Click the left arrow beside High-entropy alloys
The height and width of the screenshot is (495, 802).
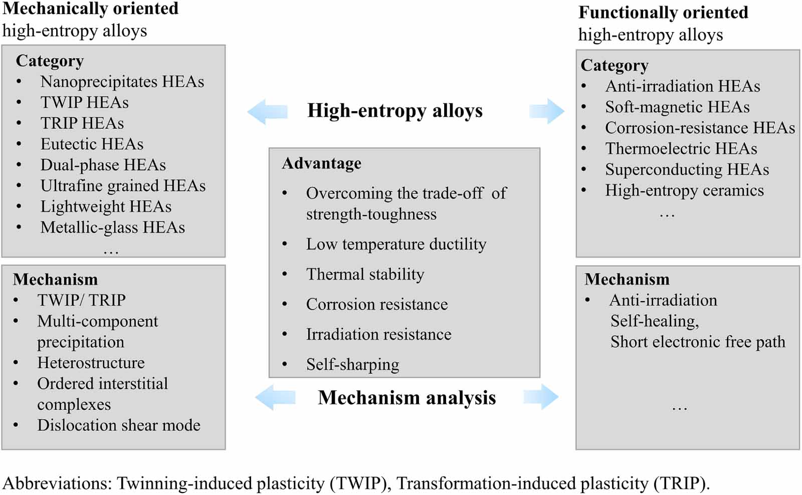click(267, 111)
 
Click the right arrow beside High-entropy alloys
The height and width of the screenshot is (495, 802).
click(546, 111)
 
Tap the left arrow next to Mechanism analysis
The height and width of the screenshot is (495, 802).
click(275, 398)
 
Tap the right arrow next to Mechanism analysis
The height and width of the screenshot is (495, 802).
click(541, 398)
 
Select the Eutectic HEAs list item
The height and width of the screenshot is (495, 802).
click(92, 144)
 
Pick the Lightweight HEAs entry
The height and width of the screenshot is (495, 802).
click(106, 206)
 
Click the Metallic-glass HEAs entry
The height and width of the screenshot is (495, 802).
click(113, 227)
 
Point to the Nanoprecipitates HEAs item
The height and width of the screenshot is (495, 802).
click(122, 82)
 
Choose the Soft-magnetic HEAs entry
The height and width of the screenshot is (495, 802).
click(677, 107)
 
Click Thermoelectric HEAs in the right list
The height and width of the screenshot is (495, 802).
click(681, 149)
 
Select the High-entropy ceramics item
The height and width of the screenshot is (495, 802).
click(684, 190)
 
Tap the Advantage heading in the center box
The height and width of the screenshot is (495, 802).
click(322, 163)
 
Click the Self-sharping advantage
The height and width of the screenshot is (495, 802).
click(352, 365)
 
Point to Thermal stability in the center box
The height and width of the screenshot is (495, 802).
click(365, 275)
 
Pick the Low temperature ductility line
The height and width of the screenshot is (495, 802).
click(396, 244)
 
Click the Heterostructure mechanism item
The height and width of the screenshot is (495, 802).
click(91, 363)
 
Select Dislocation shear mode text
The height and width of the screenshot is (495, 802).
click(119, 425)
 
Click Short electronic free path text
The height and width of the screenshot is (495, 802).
click(698, 342)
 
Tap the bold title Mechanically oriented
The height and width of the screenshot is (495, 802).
click(91, 9)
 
